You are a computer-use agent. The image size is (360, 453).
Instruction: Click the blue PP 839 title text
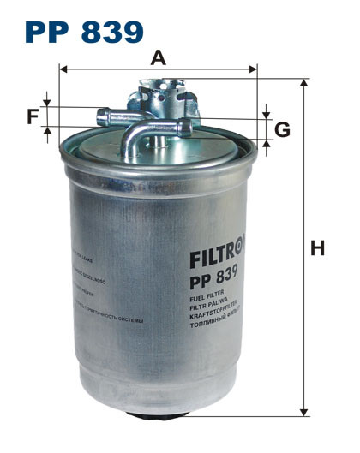(x=84, y=32)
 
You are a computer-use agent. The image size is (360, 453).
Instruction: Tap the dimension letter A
(x=158, y=57)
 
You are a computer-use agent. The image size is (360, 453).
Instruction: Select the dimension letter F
(x=33, y=116)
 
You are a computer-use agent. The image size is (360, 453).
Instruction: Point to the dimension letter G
(x=283, y=130)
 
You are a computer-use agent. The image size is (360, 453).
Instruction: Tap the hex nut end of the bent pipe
(x=190, y=128)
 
